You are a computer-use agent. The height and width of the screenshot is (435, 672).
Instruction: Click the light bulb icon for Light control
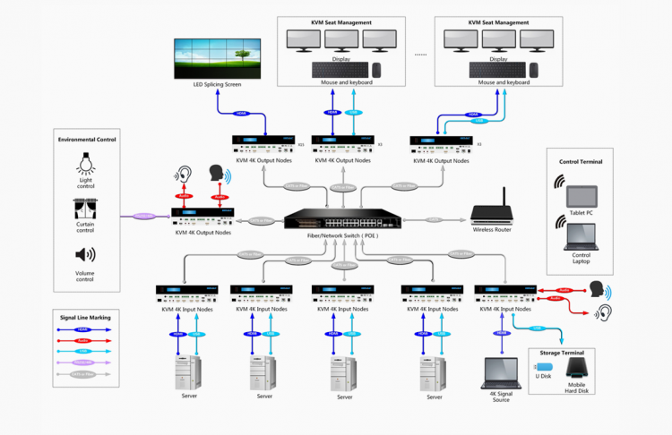(x=86, y=164)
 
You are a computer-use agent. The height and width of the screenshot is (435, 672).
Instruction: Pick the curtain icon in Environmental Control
(x=86, y=209)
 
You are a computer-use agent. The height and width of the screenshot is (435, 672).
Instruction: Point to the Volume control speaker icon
(x=86, y=255)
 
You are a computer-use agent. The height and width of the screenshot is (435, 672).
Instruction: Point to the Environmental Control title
(x=87, y=140)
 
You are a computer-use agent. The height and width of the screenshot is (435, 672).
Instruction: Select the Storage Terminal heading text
(x=564, y=353)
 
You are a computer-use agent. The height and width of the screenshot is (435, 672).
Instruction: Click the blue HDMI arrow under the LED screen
(x=240, y=114)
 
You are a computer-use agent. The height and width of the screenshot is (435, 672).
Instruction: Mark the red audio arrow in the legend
(x=86, y=340)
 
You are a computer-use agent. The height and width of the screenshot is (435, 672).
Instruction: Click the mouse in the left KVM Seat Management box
(x=377, y=69)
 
